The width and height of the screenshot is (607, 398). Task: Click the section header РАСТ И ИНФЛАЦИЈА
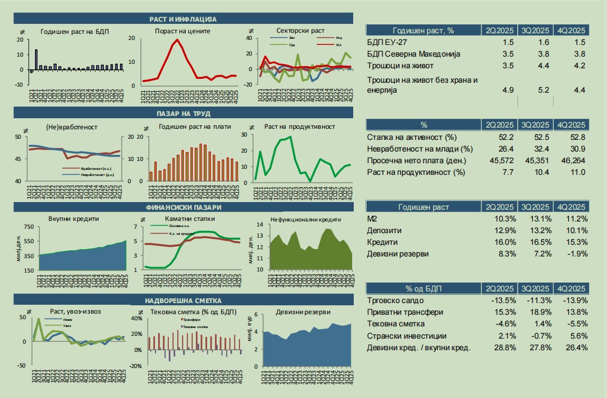[x=183, y=19]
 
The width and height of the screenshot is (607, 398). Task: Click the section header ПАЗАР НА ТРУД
[x=183, y=113]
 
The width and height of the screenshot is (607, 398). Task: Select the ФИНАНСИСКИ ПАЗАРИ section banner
[x=183, y=208]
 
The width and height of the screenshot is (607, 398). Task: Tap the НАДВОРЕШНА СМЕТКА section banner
[x=183, y=300]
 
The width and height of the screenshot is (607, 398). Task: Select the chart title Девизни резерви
[x=307, y=311]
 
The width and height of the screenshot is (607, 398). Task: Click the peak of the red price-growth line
[x=177, y=40]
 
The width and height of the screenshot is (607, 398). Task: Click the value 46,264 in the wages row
[x=571, y=161]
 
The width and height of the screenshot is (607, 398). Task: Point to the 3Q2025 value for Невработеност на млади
[x=535, y=149]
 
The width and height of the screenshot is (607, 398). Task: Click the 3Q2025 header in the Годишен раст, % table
[x=535, y=30]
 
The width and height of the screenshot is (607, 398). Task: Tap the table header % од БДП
[x=423, y=288]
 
